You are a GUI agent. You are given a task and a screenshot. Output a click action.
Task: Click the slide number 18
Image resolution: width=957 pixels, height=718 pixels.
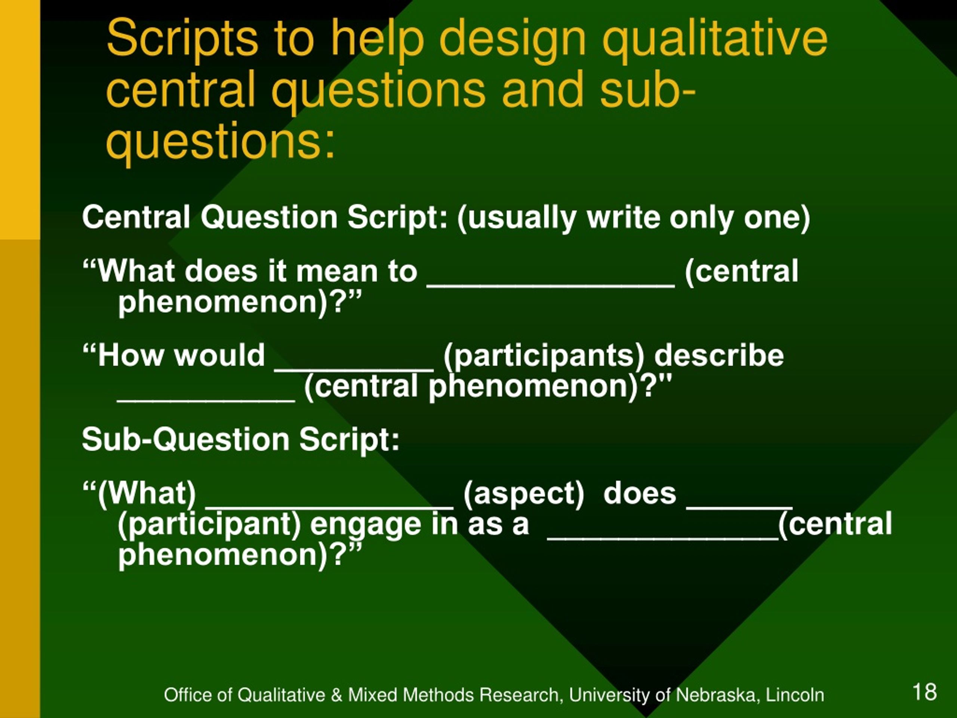pyautogui.click(x=924, y=691)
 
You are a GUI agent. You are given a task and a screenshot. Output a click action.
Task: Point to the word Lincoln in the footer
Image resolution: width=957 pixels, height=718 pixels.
pyautogui.click(x=795, y=695)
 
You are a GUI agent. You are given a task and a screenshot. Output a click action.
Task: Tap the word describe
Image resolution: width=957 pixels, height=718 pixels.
pyautogui.click(x=718, y=355)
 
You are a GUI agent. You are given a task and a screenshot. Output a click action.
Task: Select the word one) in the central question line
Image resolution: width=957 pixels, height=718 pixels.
pyautogui.click(x=776, y=217)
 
